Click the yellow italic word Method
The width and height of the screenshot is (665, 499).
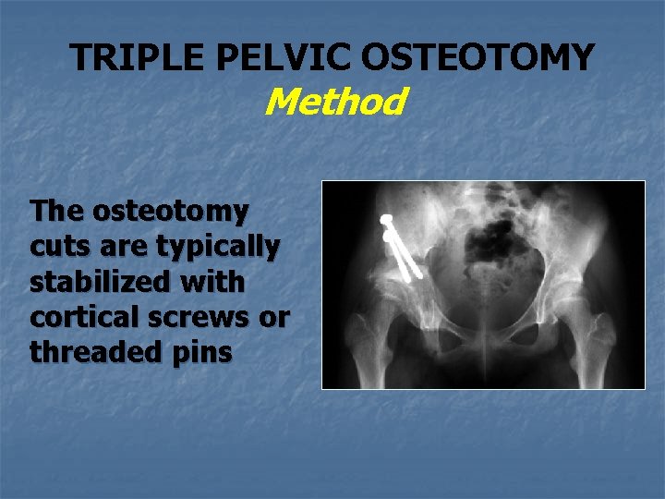(x=333, y=102)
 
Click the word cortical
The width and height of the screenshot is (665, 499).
(x=88, y=317)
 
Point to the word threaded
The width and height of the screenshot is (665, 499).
(x=91, y=352)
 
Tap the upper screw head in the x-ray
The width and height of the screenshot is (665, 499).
(x=387, y=220)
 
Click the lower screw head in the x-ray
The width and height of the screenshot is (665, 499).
(x=389, y=237)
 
